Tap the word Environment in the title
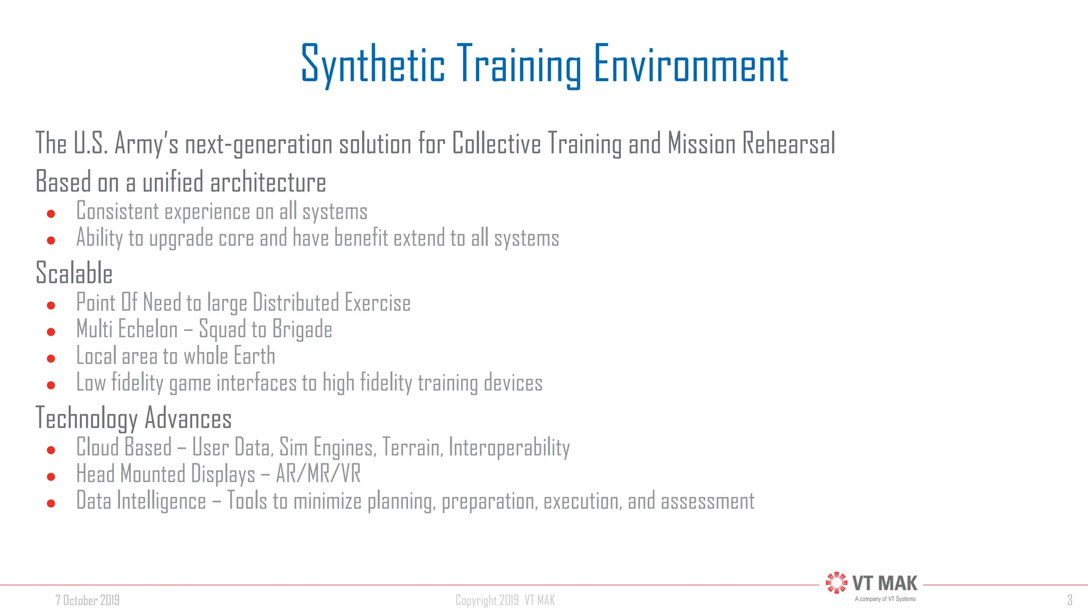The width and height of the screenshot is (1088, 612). [x=690, y=65]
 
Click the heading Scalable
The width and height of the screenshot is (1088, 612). [x=74, y=273]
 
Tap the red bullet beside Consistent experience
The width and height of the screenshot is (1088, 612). [x=51, y=214]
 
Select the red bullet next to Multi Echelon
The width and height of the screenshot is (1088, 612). [x=51, y=332]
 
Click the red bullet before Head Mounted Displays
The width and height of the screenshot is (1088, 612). [x=51, y=477]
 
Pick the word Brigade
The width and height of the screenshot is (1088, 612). [x=302, y=330]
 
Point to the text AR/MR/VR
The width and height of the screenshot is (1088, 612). [x=318, y=474]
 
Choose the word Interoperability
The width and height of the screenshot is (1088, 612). [x=509, y=448]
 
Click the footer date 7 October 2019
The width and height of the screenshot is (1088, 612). [x=88, y=600]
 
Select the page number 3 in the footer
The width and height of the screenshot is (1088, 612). [x=1069, y=600]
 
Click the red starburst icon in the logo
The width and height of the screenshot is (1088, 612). [x=836, y=583]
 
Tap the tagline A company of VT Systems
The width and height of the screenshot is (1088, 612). [x=885, y=599]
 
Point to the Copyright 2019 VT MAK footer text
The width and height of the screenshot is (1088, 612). [x=505, y=600]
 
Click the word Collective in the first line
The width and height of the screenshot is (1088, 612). [x=496, y=144]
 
